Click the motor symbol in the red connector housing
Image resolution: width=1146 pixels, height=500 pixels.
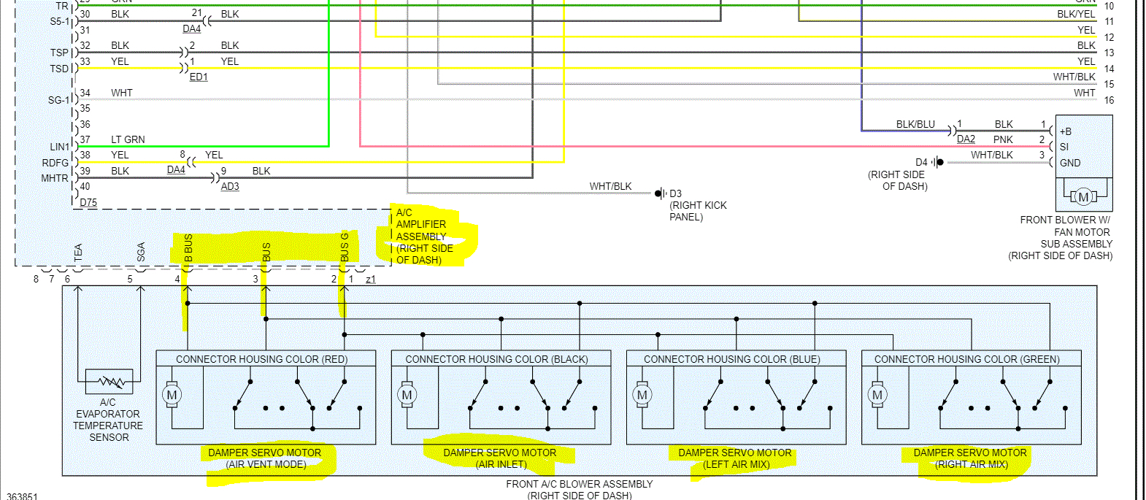172,395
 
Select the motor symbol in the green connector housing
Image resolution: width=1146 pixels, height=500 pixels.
877,395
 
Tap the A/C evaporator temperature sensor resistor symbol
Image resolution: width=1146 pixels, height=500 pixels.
109,381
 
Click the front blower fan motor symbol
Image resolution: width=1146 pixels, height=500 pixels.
1083,196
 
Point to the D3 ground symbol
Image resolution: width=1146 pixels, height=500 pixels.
660,193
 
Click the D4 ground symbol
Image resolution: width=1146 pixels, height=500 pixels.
938,162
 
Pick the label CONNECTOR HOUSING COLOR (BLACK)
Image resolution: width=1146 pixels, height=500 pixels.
496,359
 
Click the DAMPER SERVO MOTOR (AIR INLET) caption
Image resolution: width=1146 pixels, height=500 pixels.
500,458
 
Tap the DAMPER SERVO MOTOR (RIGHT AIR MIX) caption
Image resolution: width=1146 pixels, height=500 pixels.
970,458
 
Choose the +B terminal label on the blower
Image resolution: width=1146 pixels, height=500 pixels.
1066,131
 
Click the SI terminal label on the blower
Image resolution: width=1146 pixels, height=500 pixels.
1064,147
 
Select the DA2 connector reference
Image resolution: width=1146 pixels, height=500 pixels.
966,139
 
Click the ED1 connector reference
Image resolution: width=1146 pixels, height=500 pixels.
199,77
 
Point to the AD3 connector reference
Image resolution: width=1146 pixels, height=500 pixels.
230,186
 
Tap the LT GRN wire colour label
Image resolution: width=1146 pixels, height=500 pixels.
128,139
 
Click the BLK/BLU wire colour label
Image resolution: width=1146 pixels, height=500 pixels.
915,124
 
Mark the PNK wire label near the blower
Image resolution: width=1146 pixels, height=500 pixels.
1003,139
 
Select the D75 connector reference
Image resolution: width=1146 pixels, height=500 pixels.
88,202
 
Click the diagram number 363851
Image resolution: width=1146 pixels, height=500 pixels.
22,496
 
